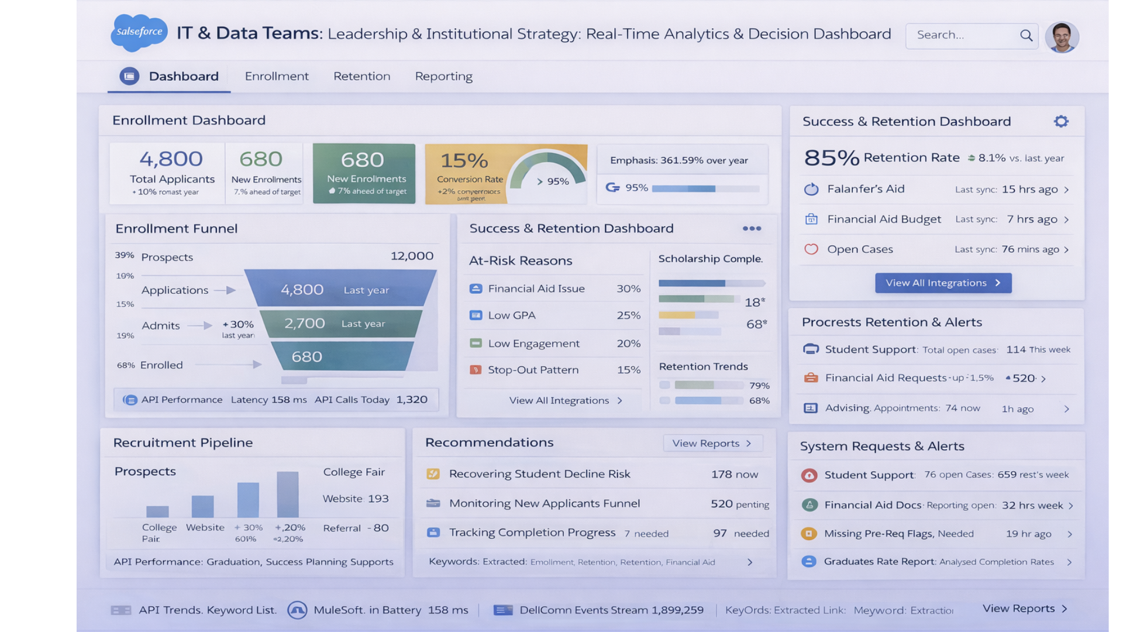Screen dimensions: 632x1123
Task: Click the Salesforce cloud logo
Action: click(x=139, y=32)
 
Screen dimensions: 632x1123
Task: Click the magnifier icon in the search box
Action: click(x=1026, y=35)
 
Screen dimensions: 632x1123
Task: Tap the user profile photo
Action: click(x=1062, y=37)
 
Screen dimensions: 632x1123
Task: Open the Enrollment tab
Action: click(x=277, y=76)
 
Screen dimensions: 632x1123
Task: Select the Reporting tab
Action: click(x=443, y=76)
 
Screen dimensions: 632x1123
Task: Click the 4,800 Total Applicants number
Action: click(x=171, y=159)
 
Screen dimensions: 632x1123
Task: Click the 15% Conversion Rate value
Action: click(x=464, y=160)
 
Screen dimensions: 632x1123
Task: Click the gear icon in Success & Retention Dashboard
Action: click(x=1061, y=121)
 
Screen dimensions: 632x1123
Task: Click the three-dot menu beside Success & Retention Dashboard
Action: click(x=752, y=229)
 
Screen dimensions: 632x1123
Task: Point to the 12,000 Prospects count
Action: click(x=412, y=256)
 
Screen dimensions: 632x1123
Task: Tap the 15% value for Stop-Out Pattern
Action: click(x=628, y=370)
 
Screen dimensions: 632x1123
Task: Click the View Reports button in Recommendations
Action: click(x=712, y=444)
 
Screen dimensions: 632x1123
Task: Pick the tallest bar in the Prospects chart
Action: click(x=287, y=494)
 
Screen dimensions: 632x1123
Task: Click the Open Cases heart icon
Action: click(x=811, y=249)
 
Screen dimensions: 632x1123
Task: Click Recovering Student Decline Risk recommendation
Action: click(x=539, y=474)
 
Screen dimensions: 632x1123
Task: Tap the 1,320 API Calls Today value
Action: click(x=412, y=400)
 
